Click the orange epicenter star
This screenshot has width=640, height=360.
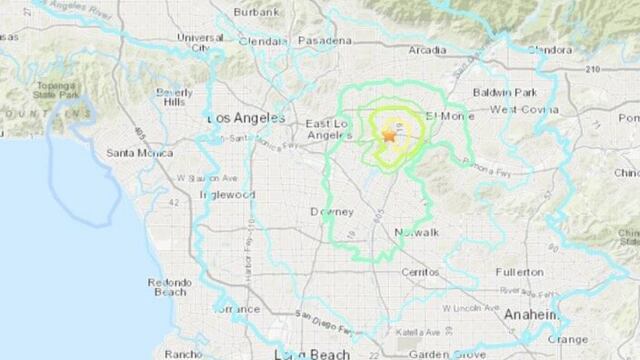[388, 134]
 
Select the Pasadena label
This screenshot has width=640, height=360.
[328, 41]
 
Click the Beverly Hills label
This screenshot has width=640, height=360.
[174, 98]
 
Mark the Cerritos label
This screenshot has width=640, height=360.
[418, 272]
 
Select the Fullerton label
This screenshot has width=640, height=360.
[520, 271]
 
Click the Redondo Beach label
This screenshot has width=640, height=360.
[168, 288]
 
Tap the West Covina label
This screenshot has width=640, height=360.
[516, 109]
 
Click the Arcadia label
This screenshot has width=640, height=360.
[427, 48]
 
